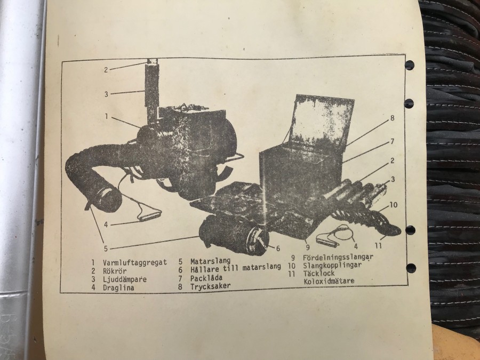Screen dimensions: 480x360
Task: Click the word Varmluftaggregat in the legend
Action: coord(135,262)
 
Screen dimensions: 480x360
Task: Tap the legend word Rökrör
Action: coord(115,270)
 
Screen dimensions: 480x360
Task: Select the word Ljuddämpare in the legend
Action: coord(125,279)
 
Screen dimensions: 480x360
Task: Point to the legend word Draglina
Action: coord(118,287)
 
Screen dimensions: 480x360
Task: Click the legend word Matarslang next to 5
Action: coord(210,261)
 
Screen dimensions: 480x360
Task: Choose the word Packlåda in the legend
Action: coord(206,278)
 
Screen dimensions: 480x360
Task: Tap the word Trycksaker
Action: coord(210,286)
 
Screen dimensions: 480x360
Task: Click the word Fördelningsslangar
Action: coord(338,257)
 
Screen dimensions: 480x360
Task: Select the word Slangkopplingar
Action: coord(332,265)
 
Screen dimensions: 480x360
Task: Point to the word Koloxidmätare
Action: coord(329,281)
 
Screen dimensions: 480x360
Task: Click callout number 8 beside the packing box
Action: coord(393,118)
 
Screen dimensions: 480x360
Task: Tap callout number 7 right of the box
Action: coord(392,141)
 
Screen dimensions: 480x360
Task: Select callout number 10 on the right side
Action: coord(394,204)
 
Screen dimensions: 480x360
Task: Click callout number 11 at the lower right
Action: coord(378,245)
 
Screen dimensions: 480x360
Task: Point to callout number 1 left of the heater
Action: coord(107,116)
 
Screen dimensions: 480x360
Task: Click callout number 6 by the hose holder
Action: coord(278,248)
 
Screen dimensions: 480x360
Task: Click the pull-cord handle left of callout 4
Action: coord(150,215)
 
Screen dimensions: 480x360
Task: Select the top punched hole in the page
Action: coord(410,65)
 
